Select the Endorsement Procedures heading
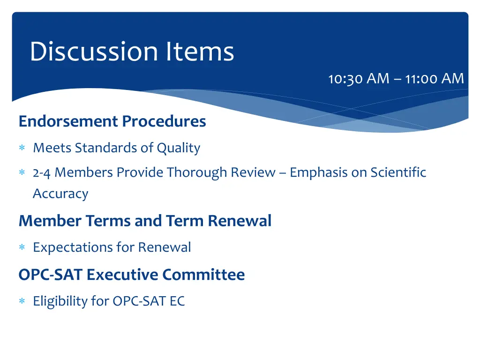112,121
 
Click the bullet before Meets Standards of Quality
22,149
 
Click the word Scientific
398,172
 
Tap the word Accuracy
60,194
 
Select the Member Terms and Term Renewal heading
145,221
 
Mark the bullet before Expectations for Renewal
22,247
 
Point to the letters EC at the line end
177,301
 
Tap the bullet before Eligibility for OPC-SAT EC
22,301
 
